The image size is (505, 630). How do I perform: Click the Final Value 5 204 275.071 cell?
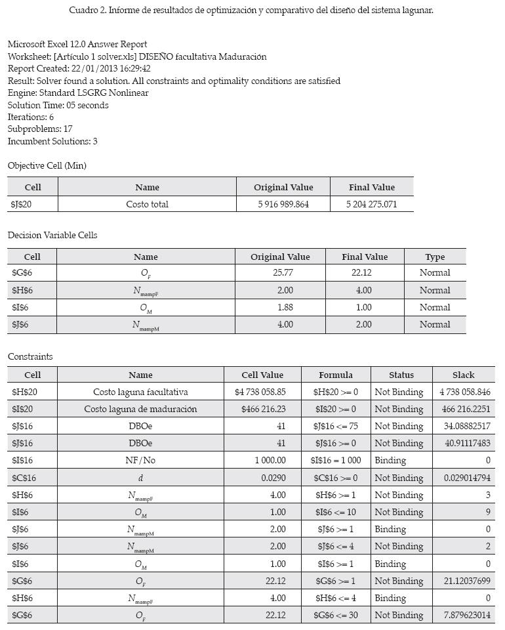point(371,204)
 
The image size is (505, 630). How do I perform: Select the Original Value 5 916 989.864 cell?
point(283,204)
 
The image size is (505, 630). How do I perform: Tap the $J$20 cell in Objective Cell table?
point(22,204)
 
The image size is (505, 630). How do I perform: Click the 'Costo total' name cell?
point(147,204)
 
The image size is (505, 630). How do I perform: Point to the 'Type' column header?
point(434,257)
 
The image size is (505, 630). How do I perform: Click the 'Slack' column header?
point(463,375)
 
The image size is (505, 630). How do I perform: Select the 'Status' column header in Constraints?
point(401,375)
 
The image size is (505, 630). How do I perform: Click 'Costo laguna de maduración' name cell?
point(140,409)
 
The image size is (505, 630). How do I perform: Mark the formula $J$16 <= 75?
point(335,426)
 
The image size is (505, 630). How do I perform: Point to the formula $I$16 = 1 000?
point(335,460)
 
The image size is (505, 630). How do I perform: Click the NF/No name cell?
point(140,460)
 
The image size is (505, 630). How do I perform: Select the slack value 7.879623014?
point(467,615)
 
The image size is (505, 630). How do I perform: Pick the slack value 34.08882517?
point(467,426)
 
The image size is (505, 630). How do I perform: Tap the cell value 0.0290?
point(273,478)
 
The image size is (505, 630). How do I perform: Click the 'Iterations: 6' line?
point(31,117)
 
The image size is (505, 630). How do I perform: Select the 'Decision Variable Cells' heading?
point(52,235)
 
